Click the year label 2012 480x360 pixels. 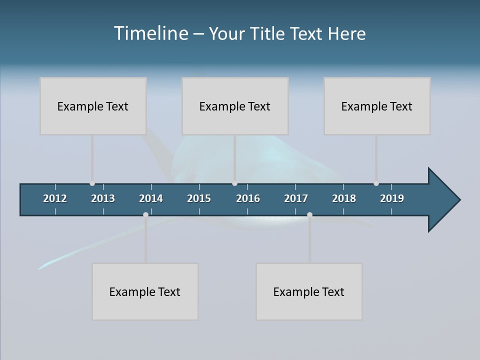click(55, 198)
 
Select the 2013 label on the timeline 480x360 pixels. click(103, 198)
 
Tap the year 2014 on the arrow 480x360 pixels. click(151, 198)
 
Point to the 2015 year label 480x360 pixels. click(199, 198)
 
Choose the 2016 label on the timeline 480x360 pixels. click(248, 198)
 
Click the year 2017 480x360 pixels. click(296, 198)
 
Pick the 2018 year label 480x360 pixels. click(344, 198)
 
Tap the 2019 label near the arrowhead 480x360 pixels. click(392, 198)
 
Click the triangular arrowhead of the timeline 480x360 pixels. click(443, 200)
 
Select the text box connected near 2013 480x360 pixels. click(93, 106)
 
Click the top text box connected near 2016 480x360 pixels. click(235, 106)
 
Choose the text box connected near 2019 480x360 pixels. click(377, 106)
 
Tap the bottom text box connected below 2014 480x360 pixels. click(145, 291)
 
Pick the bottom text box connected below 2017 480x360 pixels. click(309, 291)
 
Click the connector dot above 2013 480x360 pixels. click(92, 183)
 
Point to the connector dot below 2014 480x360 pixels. click(145, 214)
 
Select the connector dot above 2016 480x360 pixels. click(235, 183)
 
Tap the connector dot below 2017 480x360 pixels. click(309, 214)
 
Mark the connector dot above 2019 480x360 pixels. click(376, 183)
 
